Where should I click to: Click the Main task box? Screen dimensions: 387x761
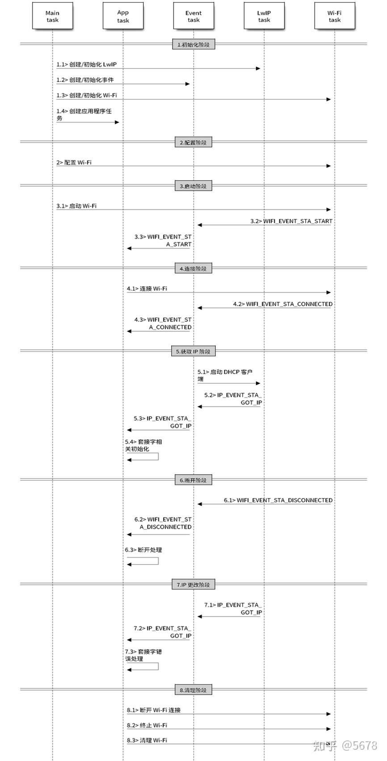pos(52,16)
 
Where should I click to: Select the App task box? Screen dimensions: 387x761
pos(123,16)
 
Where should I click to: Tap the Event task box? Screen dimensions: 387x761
pos(193,16)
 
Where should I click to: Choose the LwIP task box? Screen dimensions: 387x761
pos(264,16)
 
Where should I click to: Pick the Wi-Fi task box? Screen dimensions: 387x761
pos(334,16)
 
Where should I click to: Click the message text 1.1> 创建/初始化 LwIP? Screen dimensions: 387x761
pos(86,64)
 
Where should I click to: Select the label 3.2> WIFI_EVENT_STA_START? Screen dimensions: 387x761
pos(291,221)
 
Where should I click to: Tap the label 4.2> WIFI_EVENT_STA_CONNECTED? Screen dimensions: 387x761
pos(283,304)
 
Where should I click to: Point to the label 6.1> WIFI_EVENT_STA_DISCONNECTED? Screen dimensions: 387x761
pos(278,500)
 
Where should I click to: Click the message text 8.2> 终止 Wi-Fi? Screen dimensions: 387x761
pos(147,725)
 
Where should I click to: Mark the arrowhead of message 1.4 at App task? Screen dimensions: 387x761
pos(117,122)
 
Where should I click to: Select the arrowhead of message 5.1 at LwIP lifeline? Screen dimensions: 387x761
pos(258,383)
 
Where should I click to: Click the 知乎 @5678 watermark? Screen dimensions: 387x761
pos(345,745)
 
